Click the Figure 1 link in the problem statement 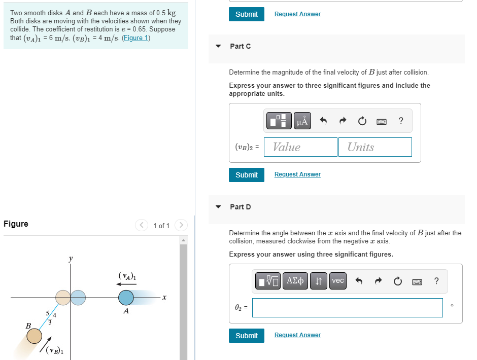click(135, 38)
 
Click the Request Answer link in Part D click(297, 335)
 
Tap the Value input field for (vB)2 click(300, 147)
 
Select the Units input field click(374, 147)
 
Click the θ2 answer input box click(347, 308)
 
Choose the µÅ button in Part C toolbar click(302, 121)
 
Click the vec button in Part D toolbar click(338, 281)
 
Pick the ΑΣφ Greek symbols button click(296, 281)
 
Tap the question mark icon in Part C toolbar click(401, 121)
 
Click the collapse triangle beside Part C click(218, 46)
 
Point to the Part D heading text click(240, 207)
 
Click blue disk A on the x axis click(126, 298)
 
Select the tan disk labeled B click(34, 336)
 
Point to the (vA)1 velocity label click(127, 276)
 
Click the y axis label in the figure click(70, 259)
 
